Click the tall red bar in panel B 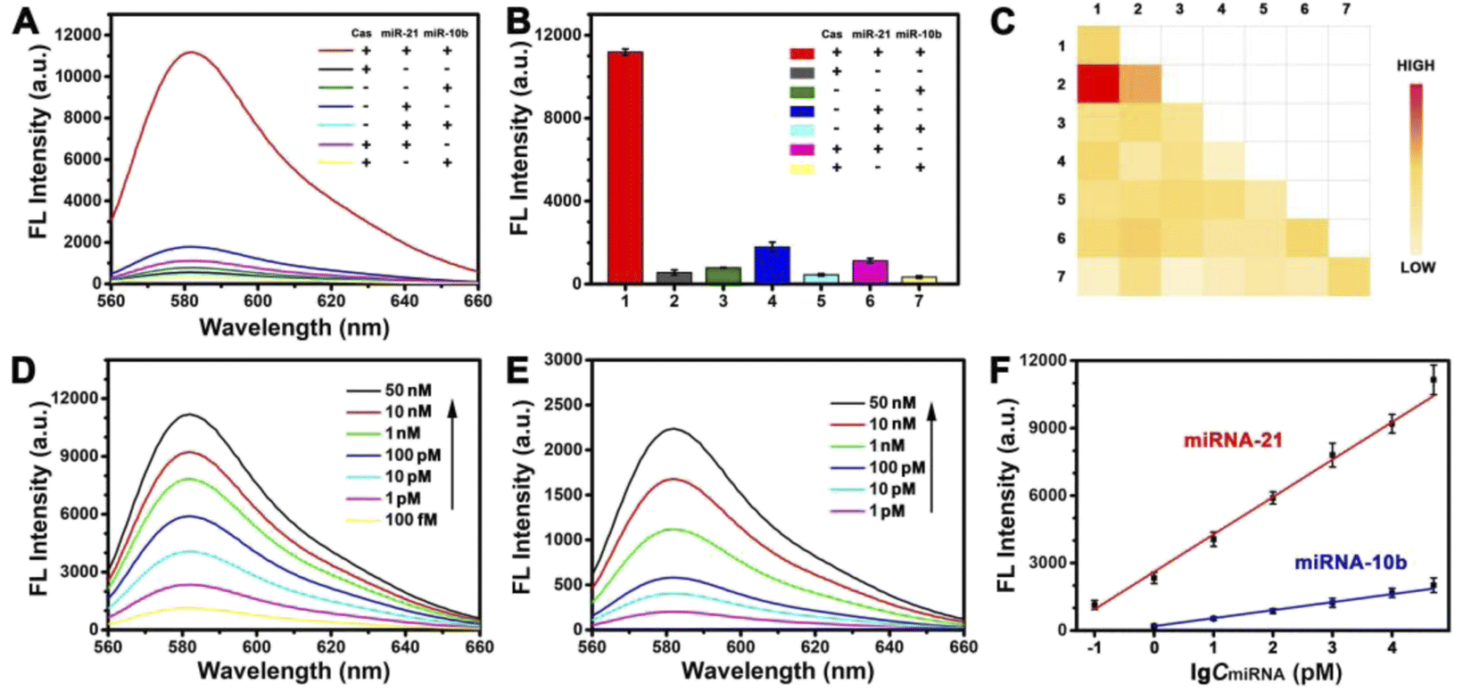(624, 168)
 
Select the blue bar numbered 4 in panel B (772, 265)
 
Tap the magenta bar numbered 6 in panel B (870, 272)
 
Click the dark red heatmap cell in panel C (1098, 84)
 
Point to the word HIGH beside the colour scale (1416, 66)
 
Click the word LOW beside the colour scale (1418, 268)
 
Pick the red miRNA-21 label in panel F (1233, 440)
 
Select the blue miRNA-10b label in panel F (1351, 563)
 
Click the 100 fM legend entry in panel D (410, 520)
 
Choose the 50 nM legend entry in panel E (892, 403)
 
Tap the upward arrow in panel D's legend (452, 455)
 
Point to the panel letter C (1002, 21)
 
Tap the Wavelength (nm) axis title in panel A (294, 327)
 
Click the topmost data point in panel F (1433, 380)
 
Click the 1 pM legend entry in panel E (887, 511)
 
